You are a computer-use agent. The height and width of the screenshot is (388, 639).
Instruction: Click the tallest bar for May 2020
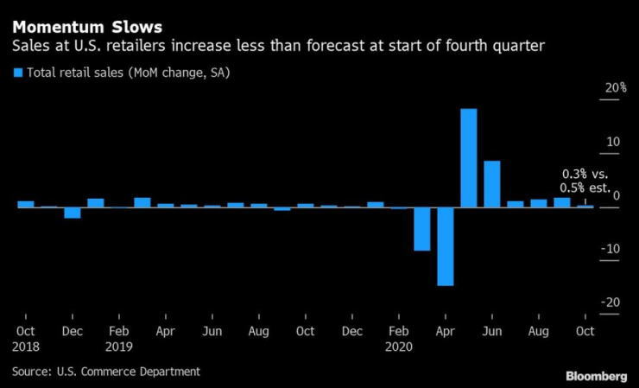point(469,158)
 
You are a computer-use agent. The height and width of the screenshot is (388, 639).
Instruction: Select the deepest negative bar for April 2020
point(446,246)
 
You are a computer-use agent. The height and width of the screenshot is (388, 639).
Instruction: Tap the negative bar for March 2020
point(422,229)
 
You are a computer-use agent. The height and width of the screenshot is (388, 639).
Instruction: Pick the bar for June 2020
point(492,184)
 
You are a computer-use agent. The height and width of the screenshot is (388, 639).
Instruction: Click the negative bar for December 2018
point(73,213)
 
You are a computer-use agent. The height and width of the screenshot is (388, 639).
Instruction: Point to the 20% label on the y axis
point(614,89)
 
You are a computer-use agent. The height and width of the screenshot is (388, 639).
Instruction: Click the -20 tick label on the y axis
point(612,302)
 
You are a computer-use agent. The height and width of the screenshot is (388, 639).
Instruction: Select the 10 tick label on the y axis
point(614,143)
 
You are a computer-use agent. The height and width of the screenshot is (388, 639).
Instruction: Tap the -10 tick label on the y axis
point(612,249)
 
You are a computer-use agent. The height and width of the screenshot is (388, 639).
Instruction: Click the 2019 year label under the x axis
point(119,346)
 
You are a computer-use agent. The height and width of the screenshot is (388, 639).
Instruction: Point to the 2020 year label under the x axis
point(400,346)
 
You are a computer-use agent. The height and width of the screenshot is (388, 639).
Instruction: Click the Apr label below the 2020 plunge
point(446,331)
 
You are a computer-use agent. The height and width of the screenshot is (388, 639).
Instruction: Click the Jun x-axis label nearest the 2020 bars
point(492,331)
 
